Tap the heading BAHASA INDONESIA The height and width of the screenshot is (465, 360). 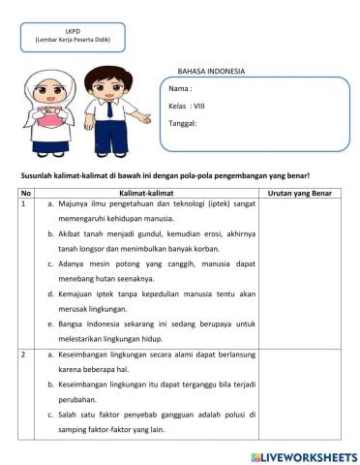(211, 72)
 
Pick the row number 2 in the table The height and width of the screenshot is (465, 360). (22, 356)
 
